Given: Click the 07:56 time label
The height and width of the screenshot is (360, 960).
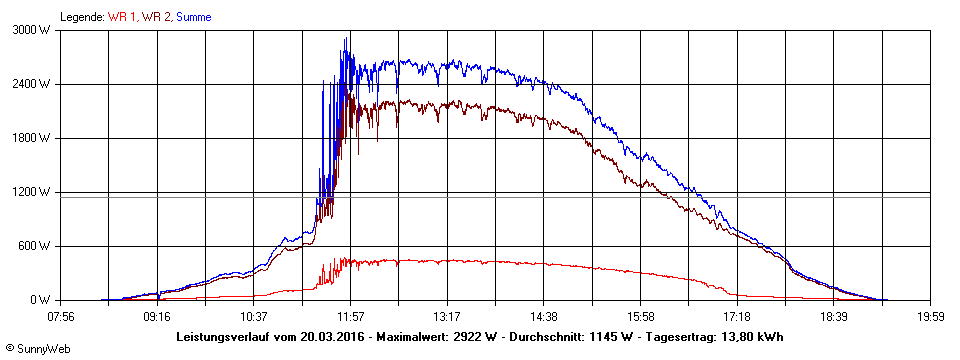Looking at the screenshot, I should coord(60,317).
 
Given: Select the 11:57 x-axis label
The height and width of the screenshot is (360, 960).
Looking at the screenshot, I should coord(350,317).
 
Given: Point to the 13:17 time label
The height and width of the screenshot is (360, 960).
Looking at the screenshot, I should coord(447,317).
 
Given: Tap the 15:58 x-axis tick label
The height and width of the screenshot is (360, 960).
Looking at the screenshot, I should coord(640,317).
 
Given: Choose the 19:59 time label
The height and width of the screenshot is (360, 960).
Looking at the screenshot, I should coord(930,317).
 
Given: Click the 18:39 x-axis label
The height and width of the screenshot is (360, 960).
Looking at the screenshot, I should coord(834,317).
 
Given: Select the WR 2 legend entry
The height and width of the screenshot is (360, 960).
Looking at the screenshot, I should coord(157,17).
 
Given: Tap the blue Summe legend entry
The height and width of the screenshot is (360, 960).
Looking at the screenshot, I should coord(193,17).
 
